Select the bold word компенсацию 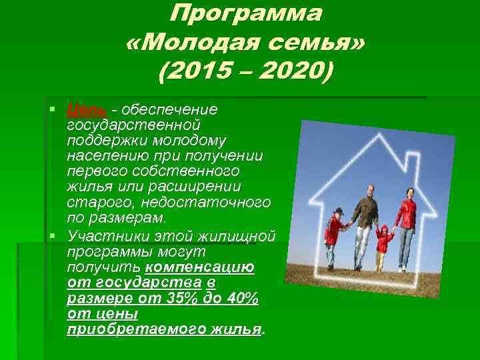(x=200, y=267)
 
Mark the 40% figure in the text (x=241, y=299)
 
